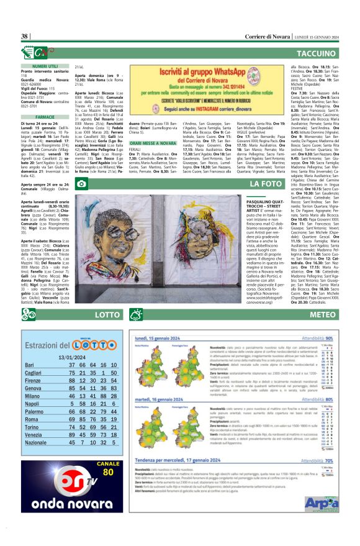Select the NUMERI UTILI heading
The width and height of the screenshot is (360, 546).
45,66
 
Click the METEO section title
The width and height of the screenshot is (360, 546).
323,315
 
